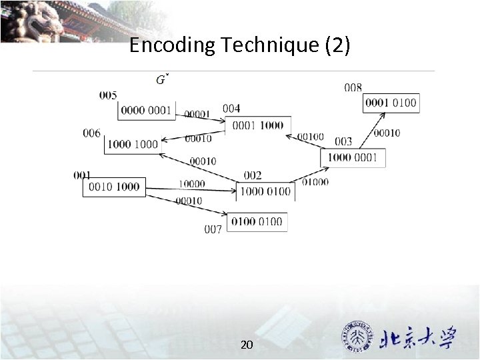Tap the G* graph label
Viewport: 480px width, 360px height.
(x=162, y=80)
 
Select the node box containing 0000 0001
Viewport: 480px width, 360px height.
(x=146, y=110)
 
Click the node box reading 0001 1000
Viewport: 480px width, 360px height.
(x=257, y=125)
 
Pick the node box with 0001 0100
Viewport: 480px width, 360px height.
(x=391, y=102)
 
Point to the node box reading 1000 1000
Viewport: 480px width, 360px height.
(x=133, y=144)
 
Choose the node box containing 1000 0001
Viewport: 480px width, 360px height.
(x=352, y=157)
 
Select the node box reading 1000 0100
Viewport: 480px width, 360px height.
(x=265, y=191)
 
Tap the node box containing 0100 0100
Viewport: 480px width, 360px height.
(x=257, y=221)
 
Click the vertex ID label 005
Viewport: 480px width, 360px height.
(x=108, y=95)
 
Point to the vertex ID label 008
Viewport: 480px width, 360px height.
(x=353, y=87)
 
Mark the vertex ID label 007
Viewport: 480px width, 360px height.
(x=213, y=229)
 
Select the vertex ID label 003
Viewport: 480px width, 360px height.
(x=343, y=141)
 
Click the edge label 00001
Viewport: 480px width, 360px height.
(x=197, y=114)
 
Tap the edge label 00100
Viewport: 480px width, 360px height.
(x=311, y=137)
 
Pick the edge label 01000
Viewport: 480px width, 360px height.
(x=315, y=181)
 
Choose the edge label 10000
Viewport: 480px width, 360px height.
(x=192, y=183)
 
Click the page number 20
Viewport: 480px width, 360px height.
(x=246, y=345)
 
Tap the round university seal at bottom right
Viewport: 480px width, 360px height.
(x=357, y=336)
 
